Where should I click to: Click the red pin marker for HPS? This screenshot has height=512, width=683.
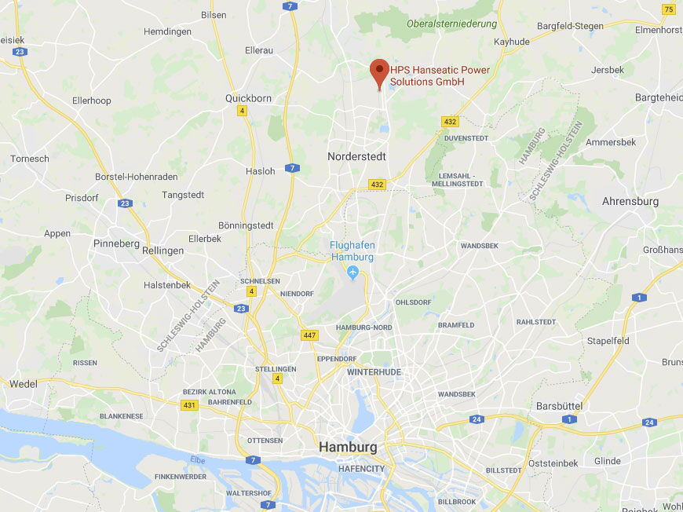pyautogui.click(x=380, y=71)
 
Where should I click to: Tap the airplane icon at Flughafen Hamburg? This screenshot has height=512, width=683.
pyautogui.click(x=352, y=272)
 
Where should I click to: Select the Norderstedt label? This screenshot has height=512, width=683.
pyautogui.click(x=356, y=156)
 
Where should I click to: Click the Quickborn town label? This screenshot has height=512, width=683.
pyautogui.click(x=248, y=98)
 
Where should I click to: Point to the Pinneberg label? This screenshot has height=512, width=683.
pyautogui.click(x=116, y=243)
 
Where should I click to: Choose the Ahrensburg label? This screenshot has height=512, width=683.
pyautogui.click(x=630, y=201)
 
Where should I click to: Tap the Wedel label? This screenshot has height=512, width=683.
pyautogui.click(x=23, y=384)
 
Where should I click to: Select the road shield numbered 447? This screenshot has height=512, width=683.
pyautogui.click(x=309, y=335)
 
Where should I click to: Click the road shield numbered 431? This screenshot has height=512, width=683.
pyautogui.click(x=188, y=404)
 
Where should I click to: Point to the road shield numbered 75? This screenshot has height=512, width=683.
pyautogui.click(x=667, y=9)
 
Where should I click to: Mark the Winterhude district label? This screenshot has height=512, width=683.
pyautogui.click(x=374, y=371)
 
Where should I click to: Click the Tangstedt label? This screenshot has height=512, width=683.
pyautogui.click(x=183, y=195)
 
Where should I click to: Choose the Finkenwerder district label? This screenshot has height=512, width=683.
pyautogui.click(x=181, y=477)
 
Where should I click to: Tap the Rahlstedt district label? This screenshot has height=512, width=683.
pyautogui.click(x=536, y=322)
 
